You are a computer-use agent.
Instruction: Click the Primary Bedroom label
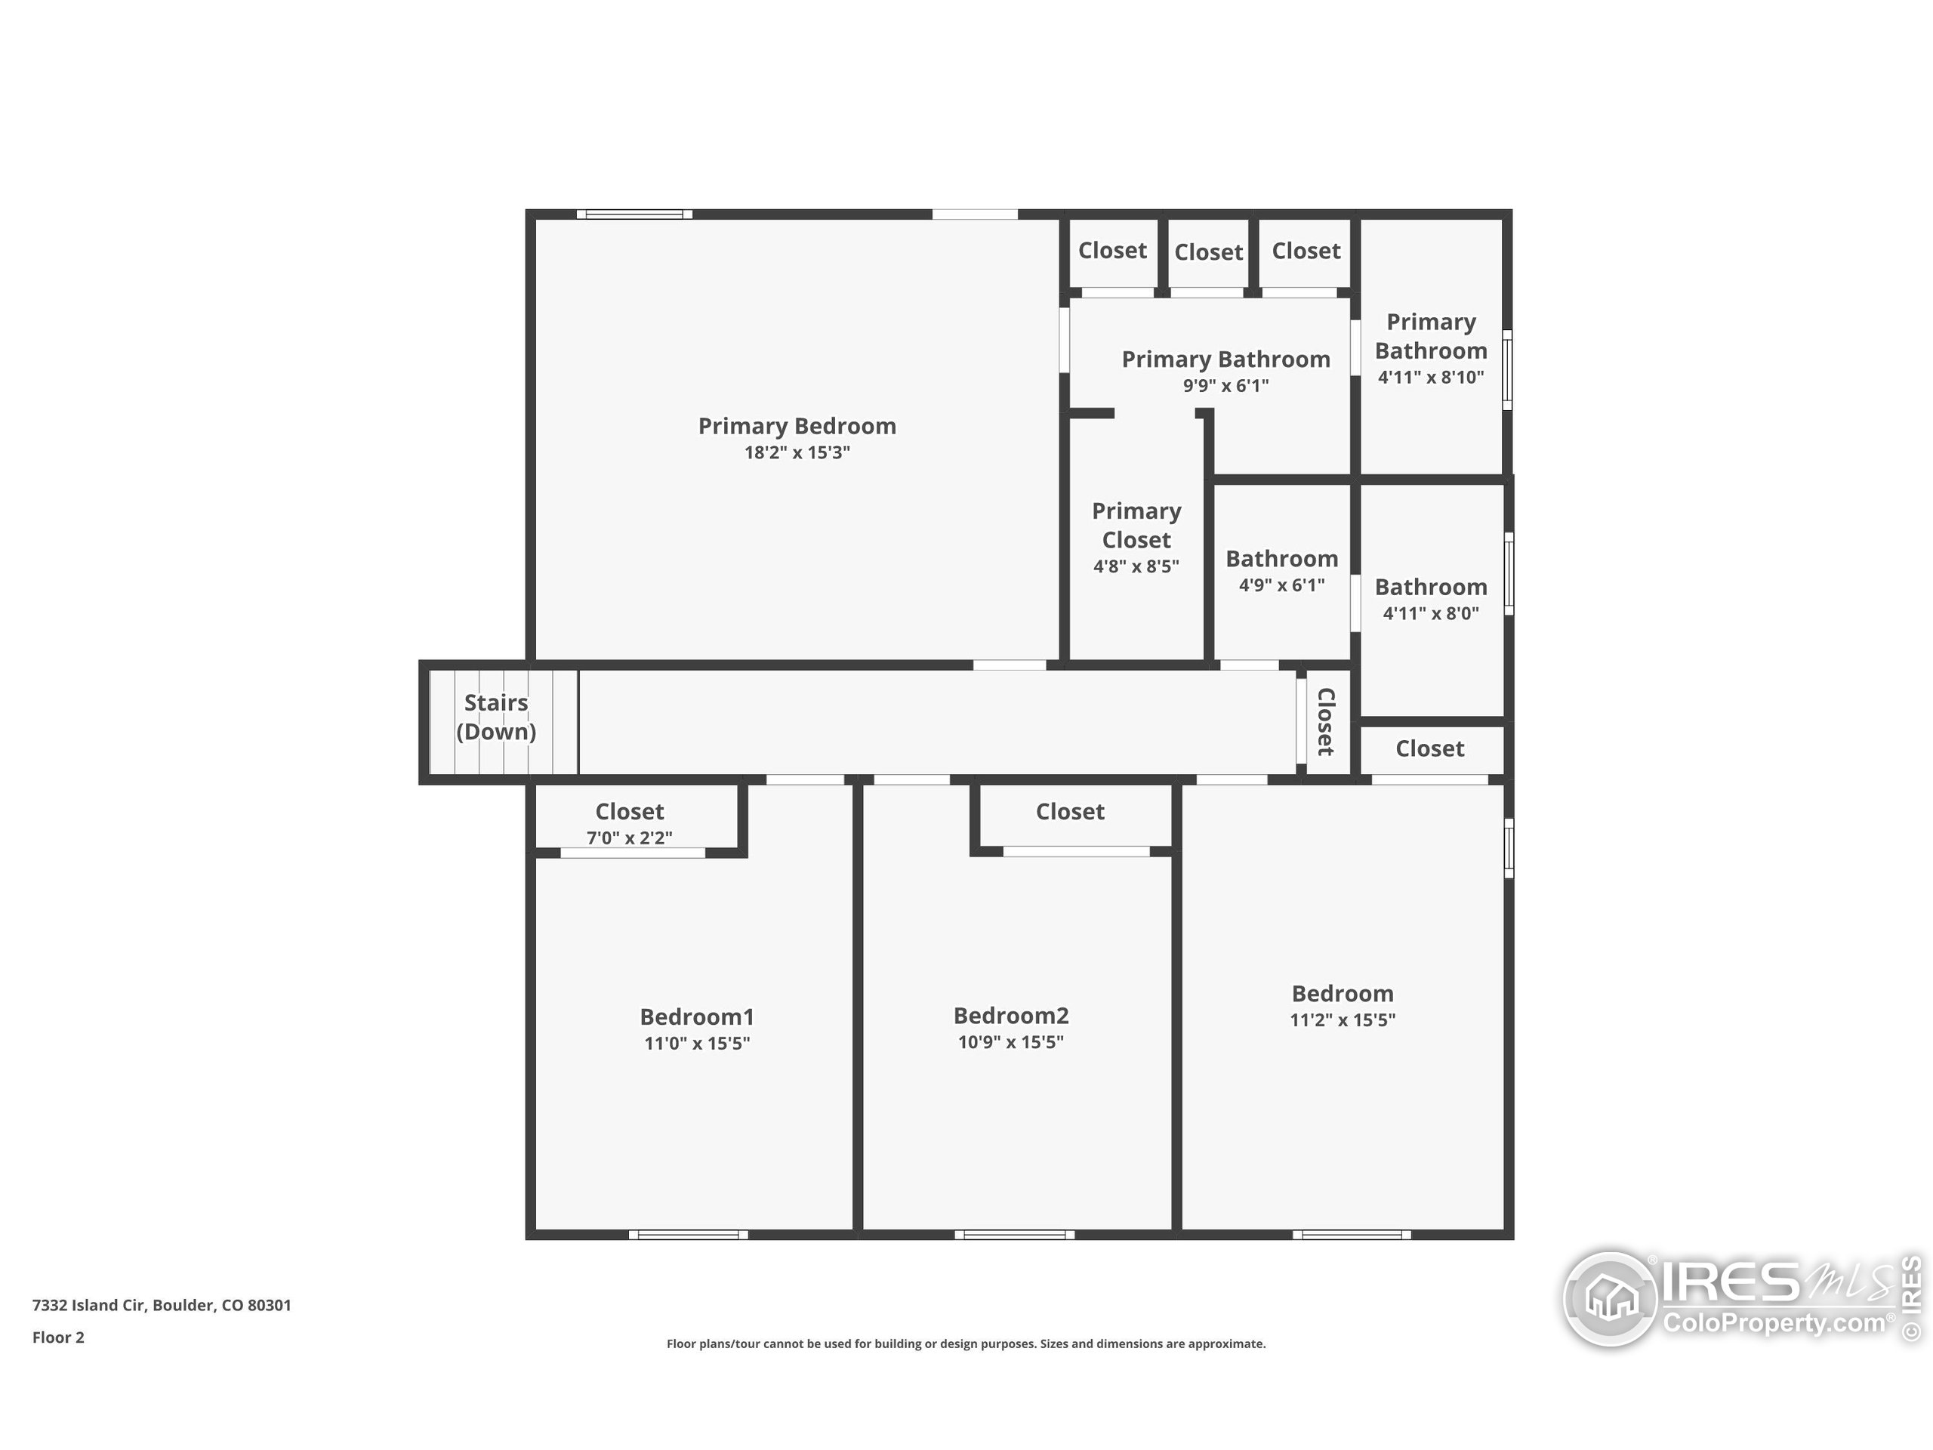pyautogui.click(x=796, y=426)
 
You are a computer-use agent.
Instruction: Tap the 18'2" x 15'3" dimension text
pyautogui.click(x=796, y=452)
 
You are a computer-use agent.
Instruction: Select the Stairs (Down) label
pyautogui.click(x=495, y=717)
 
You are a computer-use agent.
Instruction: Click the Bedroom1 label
pyautogui.click(x=696, y=1017)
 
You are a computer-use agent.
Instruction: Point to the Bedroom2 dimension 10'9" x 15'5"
pyautogui.click(x=1010, y=1042)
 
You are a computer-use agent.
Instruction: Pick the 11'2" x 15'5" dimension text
pyautogui.click(x=1343, y=1020)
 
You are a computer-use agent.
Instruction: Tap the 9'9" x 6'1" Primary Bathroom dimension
pyautogui.click(x=1225, y=385)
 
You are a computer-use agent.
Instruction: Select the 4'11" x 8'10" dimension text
pyautogui.click(x=1431, y=378)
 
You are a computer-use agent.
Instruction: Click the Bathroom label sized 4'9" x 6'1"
pyautogui.click(x=1281, y=559)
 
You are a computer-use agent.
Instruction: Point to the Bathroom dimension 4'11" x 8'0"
pyautogui.click(x=1431, y=613)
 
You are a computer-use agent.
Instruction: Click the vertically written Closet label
pyautogui.click(x=1325, y=722)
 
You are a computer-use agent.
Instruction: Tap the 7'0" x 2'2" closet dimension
pyautogui.click(x=629, y=838)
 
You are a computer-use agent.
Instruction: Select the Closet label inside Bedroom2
pyautogui.click(x=1070, y=811)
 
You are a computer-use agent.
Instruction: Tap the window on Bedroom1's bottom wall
pyautogui.click(x=689, y=1235)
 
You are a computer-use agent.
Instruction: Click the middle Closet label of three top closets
pyautogui.click(x=1207, y=251)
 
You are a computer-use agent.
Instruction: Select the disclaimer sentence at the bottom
pyautogui.click(x=966, y=1344)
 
